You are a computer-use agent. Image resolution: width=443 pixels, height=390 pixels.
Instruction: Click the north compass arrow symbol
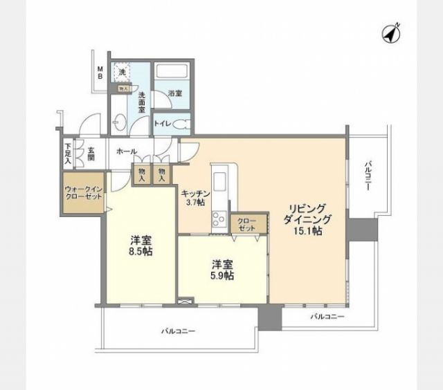tap(391, 33)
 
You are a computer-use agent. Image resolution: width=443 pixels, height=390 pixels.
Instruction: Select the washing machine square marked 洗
tap(123, 72)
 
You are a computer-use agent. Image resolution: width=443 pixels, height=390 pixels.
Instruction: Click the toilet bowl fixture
tap(181, 124)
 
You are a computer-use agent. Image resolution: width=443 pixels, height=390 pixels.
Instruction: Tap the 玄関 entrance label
tap(91, 151)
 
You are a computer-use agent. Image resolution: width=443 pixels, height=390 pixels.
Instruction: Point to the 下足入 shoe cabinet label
tap(68, 151)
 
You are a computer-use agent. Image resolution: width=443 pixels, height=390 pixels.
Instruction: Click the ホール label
tap(126, 151)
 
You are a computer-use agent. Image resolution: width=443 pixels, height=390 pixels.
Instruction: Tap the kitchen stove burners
tap(219, 220)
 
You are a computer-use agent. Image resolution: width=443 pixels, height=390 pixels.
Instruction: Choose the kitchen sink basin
tap(220, 182)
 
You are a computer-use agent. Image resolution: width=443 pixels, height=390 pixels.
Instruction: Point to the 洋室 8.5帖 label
tap(141, 246)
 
